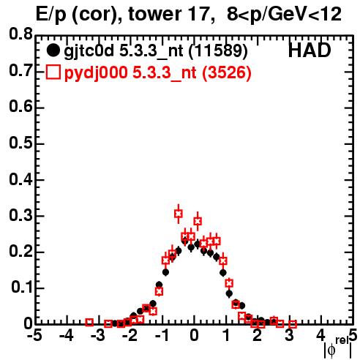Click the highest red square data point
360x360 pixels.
click(x=179, y=214)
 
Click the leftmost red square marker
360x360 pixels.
click(x=89, y=322)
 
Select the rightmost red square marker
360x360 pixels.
click(x=293, y=324)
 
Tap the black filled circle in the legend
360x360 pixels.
click(x=53, y=50)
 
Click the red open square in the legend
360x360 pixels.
click(x=53, y=72)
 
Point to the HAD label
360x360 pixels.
click(x=310, y=50)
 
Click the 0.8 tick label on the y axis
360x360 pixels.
click(x=20, y=34)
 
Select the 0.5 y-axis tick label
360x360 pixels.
click(x=20, y=143)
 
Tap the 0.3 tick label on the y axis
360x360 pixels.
click(x=20, y=215)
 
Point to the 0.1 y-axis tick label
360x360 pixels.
click(x=21, y=288)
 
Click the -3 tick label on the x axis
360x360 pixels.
click(x=98, y=335)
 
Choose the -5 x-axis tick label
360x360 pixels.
click(x=34, y=335)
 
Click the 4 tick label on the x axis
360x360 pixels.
click(x=320, y=335)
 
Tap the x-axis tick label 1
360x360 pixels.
click(x=226, y=335)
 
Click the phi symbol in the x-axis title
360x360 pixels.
click(x=331, y=350)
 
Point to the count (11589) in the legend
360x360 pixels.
click(x=218, y=50)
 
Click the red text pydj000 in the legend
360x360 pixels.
click(x=96, y=72)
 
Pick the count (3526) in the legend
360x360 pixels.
click(x=227, y=72)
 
